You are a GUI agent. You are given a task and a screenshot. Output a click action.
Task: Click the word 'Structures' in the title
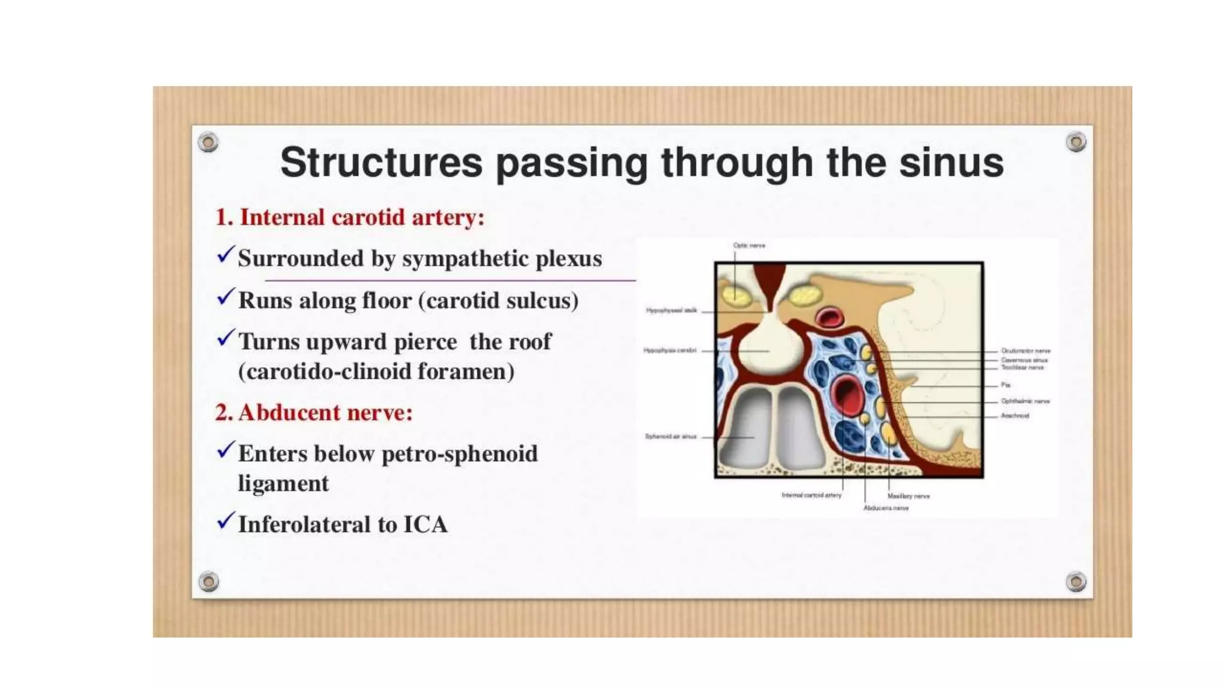(381, 163)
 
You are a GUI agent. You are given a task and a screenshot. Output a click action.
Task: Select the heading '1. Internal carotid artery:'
(350, 217)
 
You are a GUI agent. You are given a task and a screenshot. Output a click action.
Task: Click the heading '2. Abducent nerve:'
(314, 413)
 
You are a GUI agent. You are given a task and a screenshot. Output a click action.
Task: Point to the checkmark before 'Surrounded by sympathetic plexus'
(225, 255)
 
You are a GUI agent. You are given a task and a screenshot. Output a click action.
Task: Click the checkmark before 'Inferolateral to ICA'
(225, 521)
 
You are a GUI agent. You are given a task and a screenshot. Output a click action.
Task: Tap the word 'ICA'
(425, 525)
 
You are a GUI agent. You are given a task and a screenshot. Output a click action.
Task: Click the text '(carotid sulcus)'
(498, 300)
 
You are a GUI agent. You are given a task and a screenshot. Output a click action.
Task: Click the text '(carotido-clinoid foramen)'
(376, 371)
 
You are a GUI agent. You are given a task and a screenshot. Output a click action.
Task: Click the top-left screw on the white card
(208, 142)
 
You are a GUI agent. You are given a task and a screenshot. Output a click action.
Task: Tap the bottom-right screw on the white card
(1076, 581)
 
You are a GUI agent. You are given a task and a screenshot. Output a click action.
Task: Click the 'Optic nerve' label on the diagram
(749, 245)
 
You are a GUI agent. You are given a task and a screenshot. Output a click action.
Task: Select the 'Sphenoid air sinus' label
(671, 437)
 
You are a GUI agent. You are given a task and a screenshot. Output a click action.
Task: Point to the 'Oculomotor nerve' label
(1026, 351)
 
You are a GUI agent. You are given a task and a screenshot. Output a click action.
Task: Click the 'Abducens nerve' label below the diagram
(886, 508)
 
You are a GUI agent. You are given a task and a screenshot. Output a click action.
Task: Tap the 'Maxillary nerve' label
(908, 496)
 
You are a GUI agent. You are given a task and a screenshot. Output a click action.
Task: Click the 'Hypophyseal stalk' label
(671, 310)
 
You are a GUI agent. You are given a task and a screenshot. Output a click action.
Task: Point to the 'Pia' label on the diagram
(1005, 385)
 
